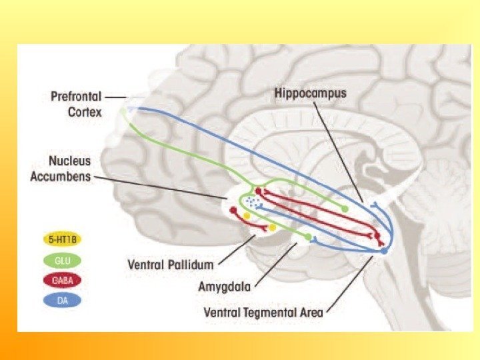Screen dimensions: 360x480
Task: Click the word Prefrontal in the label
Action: [76, 97]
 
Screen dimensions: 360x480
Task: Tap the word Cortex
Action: [85, 112]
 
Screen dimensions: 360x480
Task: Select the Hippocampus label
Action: [311, 94]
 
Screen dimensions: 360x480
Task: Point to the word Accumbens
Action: [61, 177]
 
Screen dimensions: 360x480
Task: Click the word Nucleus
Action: [70, 161]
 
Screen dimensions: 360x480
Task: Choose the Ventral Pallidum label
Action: [171, 264]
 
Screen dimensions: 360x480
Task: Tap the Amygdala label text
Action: [225, 287]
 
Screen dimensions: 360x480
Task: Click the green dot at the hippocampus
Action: [345, 209]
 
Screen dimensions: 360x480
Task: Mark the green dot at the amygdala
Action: [307, 237]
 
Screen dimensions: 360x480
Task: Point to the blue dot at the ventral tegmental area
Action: [383, 251]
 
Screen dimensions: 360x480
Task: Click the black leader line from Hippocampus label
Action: [338, 151]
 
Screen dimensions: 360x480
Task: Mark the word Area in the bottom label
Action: [310, 312]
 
